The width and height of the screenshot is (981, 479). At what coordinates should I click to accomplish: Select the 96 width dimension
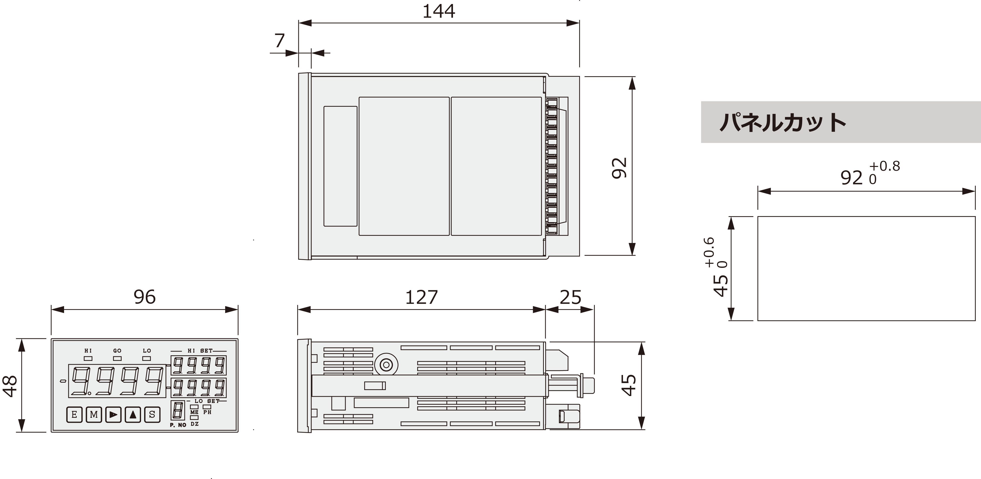145,297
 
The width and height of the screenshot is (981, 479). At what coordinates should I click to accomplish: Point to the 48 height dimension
10,386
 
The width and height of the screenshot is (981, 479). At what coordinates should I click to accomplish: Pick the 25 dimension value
571,297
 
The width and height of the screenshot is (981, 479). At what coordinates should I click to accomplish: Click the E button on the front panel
74,415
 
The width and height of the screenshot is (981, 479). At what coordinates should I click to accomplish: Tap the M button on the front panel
94,415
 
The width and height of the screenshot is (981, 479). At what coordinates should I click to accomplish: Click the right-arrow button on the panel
113,415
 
